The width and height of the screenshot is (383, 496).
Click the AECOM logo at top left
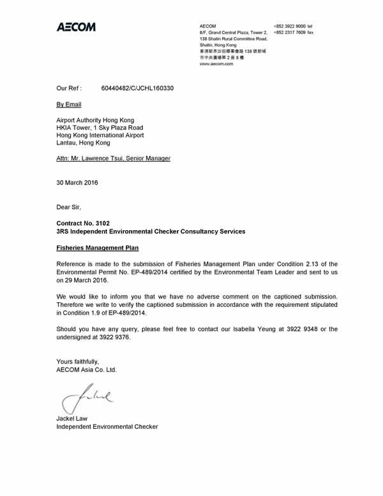pyautogui.click(x=76, y=27)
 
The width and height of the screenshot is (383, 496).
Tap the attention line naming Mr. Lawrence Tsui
pyautogui.click(x=114, y=158)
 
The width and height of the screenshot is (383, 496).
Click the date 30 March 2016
pyautogui.click(x=77, y=182)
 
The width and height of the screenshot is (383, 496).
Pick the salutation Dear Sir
pyautogui.click(x=69, y=206)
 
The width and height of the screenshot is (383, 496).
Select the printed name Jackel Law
pyautogui.click(x=72, y=419)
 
